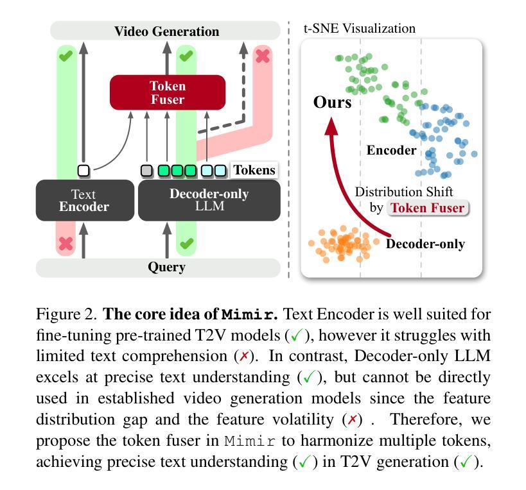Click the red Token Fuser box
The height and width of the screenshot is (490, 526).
click(168, 92)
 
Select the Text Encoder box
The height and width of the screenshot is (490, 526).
click(85, 200)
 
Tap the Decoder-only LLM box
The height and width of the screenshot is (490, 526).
click(209, 200)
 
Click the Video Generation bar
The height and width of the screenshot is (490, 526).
click(166, 31)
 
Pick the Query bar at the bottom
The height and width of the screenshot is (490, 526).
click(158, 267)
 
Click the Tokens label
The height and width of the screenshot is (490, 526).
click(254, 170)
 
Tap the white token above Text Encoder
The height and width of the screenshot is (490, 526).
click(83, 171)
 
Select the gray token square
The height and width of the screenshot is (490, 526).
click(146, 171)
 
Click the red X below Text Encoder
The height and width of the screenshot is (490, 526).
click(66, 244)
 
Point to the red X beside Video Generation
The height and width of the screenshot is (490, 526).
click(262, 56)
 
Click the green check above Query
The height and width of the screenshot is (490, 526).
click(186, 243)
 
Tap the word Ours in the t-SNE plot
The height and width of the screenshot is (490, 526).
click(333, 102)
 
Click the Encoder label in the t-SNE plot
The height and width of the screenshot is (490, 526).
click(392, 150)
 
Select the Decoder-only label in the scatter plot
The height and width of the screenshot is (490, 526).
click(425, 244)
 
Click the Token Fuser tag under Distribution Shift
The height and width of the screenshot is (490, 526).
click(428, 208)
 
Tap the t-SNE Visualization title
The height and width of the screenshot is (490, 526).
click(359, 28)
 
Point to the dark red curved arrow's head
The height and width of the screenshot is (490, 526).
click(331, 126)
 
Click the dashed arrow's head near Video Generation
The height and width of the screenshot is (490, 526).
click(243, 49)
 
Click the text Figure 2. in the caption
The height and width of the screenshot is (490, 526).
click(66, 314)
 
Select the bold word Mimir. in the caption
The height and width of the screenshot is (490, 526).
click(250, 314)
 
